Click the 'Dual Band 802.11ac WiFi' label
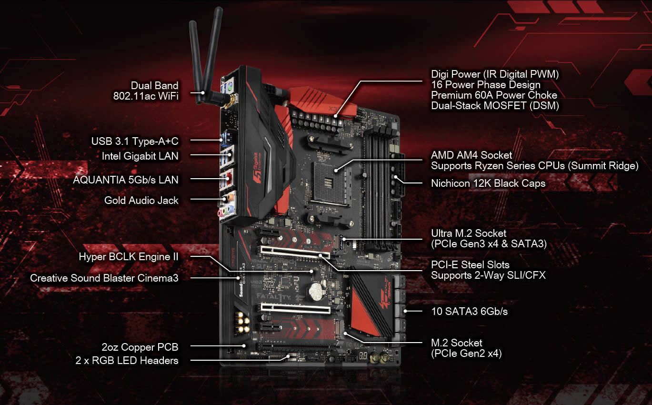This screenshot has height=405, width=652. [x=146, y=91]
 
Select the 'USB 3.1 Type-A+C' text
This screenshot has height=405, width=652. [x=135, y=141]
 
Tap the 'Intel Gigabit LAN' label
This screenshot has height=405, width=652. [x=140, y=156]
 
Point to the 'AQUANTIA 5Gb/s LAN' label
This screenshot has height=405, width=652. [x=126, y=180]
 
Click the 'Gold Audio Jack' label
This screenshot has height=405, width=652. [x=141, y=200]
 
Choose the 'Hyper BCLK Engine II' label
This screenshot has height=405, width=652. [x=129, y=256]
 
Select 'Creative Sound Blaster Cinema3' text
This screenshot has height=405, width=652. [x=104, y=278]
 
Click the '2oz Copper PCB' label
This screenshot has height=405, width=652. [x=140, y=347]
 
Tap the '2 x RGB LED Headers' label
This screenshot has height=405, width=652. [x=127, y=361]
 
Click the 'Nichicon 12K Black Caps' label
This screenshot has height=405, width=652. [x=488, y=183]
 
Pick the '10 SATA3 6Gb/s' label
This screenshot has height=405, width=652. [x=469, y=311]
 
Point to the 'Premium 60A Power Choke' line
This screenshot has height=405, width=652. [x=494, y=95]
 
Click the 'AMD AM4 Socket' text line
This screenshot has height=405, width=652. [x=471, y=155]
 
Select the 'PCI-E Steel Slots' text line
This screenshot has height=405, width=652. [x=470, y=264]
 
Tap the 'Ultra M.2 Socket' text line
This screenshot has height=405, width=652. [x=468, y=233]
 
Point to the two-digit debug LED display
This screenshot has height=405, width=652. [x=363, y=355]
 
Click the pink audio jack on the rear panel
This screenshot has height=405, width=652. [x=221, y=213]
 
